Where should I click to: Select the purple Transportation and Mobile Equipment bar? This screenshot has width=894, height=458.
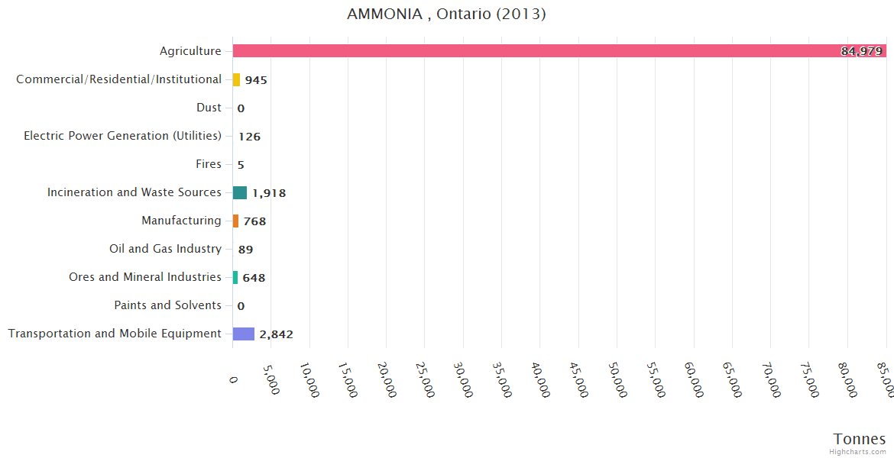[x=244, y=334]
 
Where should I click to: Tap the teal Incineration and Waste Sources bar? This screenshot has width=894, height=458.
[x=240, y=192]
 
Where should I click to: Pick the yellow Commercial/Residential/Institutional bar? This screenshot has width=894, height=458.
[x=236, y=79]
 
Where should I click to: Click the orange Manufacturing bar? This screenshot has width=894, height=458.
[x=235, y=221]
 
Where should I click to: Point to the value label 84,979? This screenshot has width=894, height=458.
[x=861, y=51]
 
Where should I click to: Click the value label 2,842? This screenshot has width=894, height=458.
[x=276, y=334]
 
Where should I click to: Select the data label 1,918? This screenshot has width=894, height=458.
[x=269, y=193]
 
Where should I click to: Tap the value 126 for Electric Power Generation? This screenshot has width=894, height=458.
[x=249, y=137]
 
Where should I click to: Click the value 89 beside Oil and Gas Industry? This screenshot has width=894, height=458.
[x=245, y=250]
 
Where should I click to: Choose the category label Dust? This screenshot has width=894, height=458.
[x=209, y=108]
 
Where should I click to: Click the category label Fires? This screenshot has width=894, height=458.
[x=209, y=164]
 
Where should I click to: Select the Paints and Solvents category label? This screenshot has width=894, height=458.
[x=167, y=305]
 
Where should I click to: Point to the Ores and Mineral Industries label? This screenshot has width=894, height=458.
[x=145, y=277]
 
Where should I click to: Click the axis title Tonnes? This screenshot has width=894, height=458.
[x=860, y=439]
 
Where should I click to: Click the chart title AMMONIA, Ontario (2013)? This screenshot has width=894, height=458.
[x=446, y=15]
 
